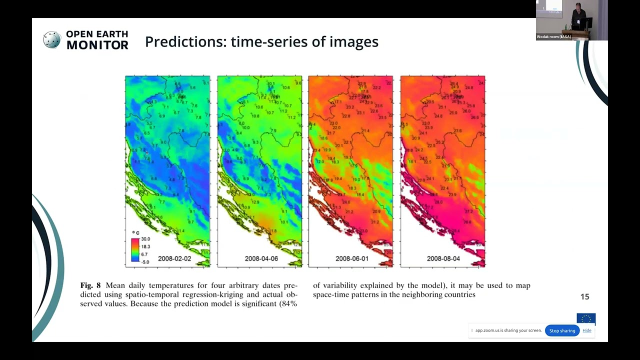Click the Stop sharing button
562,330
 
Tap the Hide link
587,330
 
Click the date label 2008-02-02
174,258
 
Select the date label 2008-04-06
261,258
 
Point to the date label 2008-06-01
352,258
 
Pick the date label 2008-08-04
443,258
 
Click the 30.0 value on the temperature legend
145,239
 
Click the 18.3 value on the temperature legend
145,246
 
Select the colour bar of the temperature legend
135,250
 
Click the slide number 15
584,297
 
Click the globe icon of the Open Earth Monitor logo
51,40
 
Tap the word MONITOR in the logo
97,45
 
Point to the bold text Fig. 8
90,285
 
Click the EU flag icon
586,318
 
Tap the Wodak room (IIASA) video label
553,37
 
